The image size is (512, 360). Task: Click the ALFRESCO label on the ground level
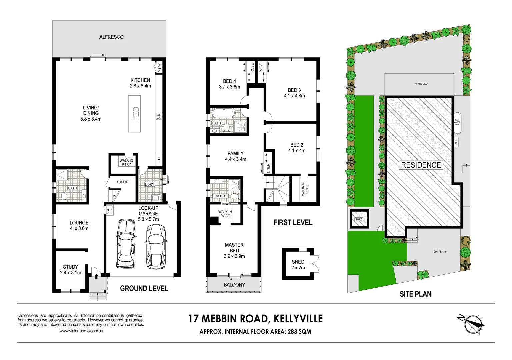(x=111, y=37)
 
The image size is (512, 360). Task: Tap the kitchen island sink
(x=136, y=113)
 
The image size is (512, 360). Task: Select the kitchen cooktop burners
(x=159, y=116)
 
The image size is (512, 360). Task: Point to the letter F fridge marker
(x=159, y=160)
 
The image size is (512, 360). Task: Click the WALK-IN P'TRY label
(x=126, y=162)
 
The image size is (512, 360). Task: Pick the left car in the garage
(x=126, y=244)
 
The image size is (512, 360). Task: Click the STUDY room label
(x=71, y=267)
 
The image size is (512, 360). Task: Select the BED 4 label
(x=229, y=81)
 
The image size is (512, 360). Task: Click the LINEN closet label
(x=268, y=168)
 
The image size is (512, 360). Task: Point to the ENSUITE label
(x=220, y=196)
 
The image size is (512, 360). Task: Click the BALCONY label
(x=234, y=285)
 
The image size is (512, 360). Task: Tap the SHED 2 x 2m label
(x=298, y=265)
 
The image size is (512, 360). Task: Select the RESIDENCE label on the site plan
(x=421, y=165)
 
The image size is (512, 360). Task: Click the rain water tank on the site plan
(x=457, y=123)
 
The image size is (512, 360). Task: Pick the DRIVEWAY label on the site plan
(x=440, y=252)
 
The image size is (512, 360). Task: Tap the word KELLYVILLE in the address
(x=298, y=319)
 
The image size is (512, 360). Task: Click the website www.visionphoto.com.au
(x=81, y=331)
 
